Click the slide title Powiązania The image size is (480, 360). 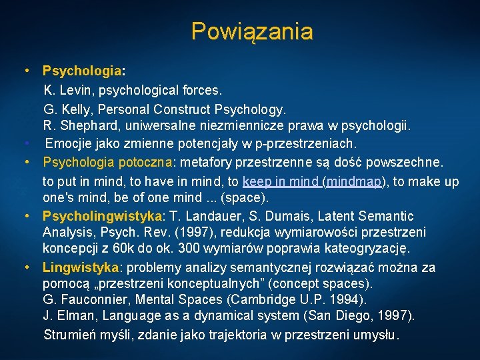click(251, 31)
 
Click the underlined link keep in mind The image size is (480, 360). click(281, 181)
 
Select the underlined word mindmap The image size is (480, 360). click(354, 181)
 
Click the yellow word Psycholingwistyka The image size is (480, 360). click(103, 217)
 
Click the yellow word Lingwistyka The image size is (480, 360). click(81, 267)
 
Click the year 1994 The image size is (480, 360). click(347, 300)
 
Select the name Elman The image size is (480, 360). click(75, 316)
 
